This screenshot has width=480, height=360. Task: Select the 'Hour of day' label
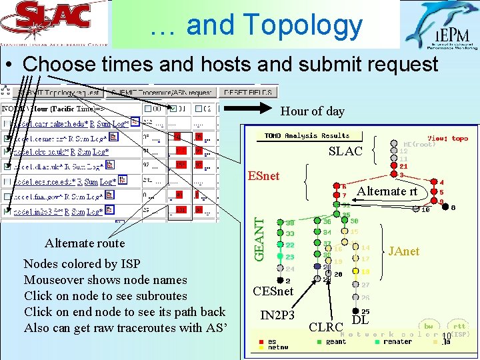tap(313, 111)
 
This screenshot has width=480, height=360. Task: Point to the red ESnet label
tap(263, 176)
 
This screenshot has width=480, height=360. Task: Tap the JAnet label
tap(404, 251)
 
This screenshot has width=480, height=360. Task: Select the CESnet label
tap(273, 291)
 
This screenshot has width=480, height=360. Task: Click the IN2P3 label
tap(277, 315)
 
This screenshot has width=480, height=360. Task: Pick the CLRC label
tap(326, 327)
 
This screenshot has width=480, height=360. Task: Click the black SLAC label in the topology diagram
tap(345, 151)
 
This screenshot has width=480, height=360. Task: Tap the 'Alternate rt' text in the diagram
tap(387, 191)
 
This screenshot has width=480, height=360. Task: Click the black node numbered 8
tap(445, 207)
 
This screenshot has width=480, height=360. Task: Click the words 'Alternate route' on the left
tap(85, 243)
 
